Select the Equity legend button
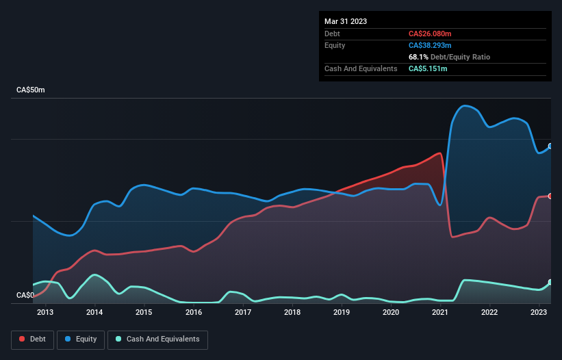tap(81, 339)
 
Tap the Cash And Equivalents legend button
tap(157, 339)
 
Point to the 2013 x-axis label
tap(45, 313)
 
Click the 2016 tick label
tap(194, 313)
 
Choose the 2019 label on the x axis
tap(342, 313)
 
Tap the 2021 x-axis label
tap(440, 313)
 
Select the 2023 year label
tap(539, 313)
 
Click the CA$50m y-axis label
tap(30, 90)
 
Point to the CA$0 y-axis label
tap(25, 296)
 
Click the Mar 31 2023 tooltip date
tap(346, 21)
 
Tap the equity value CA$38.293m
tap(432, 45)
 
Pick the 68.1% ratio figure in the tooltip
tap(418, 57)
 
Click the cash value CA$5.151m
tap(429, 68)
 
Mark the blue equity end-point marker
tap(550, 146)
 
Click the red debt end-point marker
tap(550, 196)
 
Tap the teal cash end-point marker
tap(550, 283)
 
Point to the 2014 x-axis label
tap(94, 313)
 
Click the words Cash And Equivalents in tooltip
tap(361, 68)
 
